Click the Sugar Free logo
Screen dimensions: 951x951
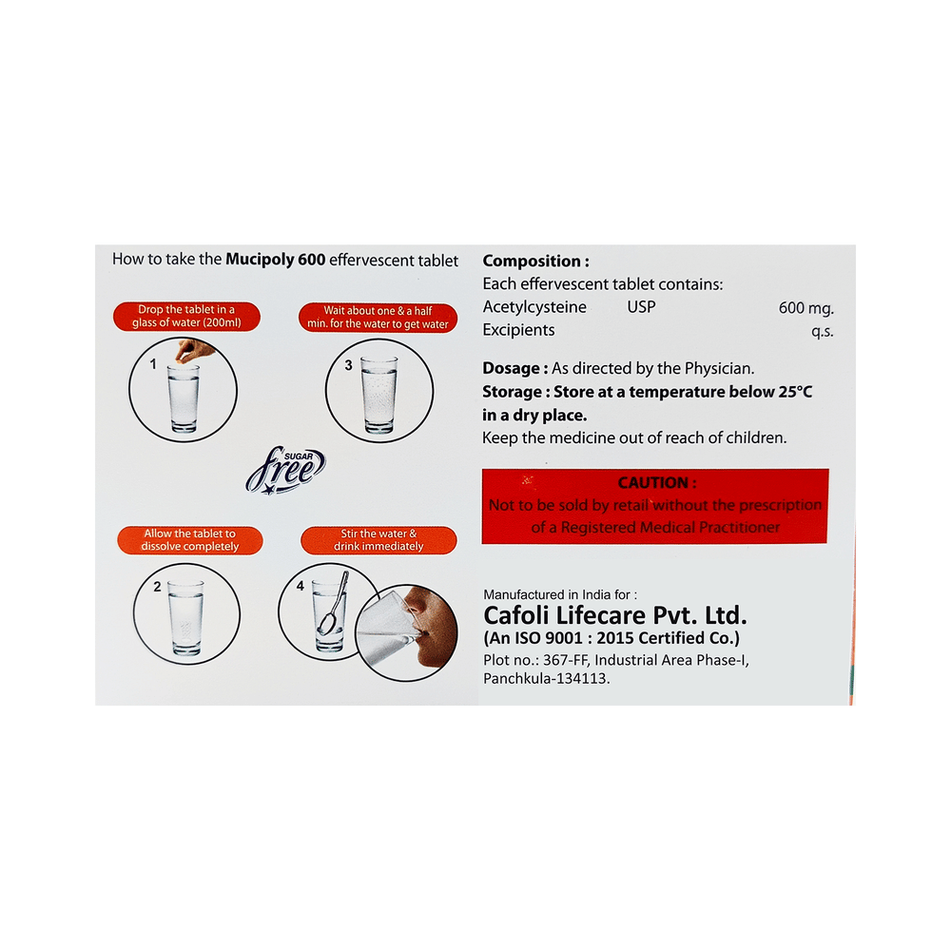285,471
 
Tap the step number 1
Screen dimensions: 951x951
153,364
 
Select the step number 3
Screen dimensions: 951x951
348,365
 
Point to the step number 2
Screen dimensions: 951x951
157,587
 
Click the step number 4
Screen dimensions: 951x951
301,586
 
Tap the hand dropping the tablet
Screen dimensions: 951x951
194,351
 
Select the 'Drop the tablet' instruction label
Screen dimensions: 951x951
186,316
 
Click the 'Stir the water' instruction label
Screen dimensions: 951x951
378,540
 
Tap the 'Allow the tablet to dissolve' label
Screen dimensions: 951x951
190,540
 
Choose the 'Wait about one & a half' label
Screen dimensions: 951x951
378,318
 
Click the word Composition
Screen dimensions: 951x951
532,262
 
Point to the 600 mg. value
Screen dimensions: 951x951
806,308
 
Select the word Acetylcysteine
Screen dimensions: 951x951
534,307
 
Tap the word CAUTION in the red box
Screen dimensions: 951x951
652,483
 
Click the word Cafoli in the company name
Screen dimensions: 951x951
516,615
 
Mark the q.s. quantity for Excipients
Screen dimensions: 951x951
823,332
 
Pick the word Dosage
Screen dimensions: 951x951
511,369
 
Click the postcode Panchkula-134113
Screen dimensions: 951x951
547,679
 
